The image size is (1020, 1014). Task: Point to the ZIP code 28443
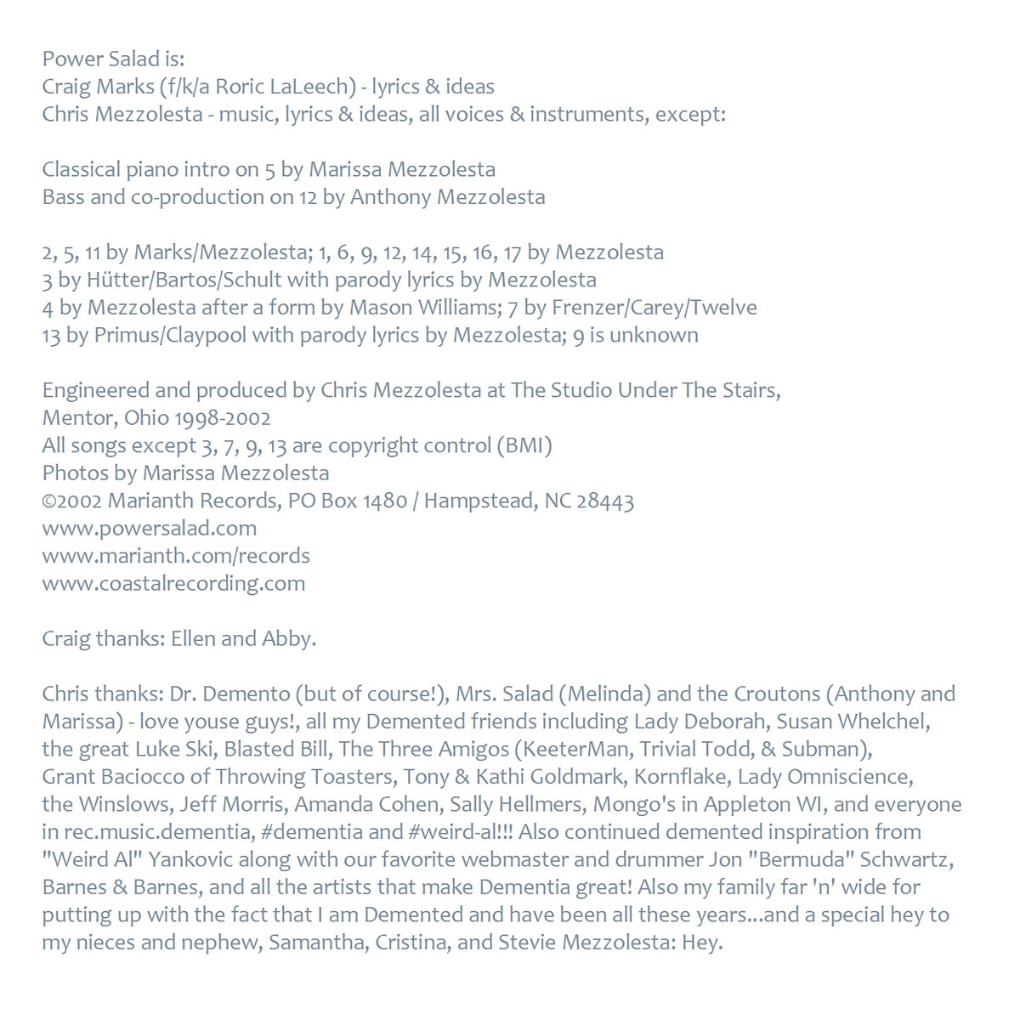pos(605,501)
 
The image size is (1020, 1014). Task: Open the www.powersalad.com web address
pos(150,528)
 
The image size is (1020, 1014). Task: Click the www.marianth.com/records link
pos(176,556)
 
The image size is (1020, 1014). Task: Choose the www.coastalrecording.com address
pos(173,583)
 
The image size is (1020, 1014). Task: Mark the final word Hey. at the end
pos(702,942)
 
